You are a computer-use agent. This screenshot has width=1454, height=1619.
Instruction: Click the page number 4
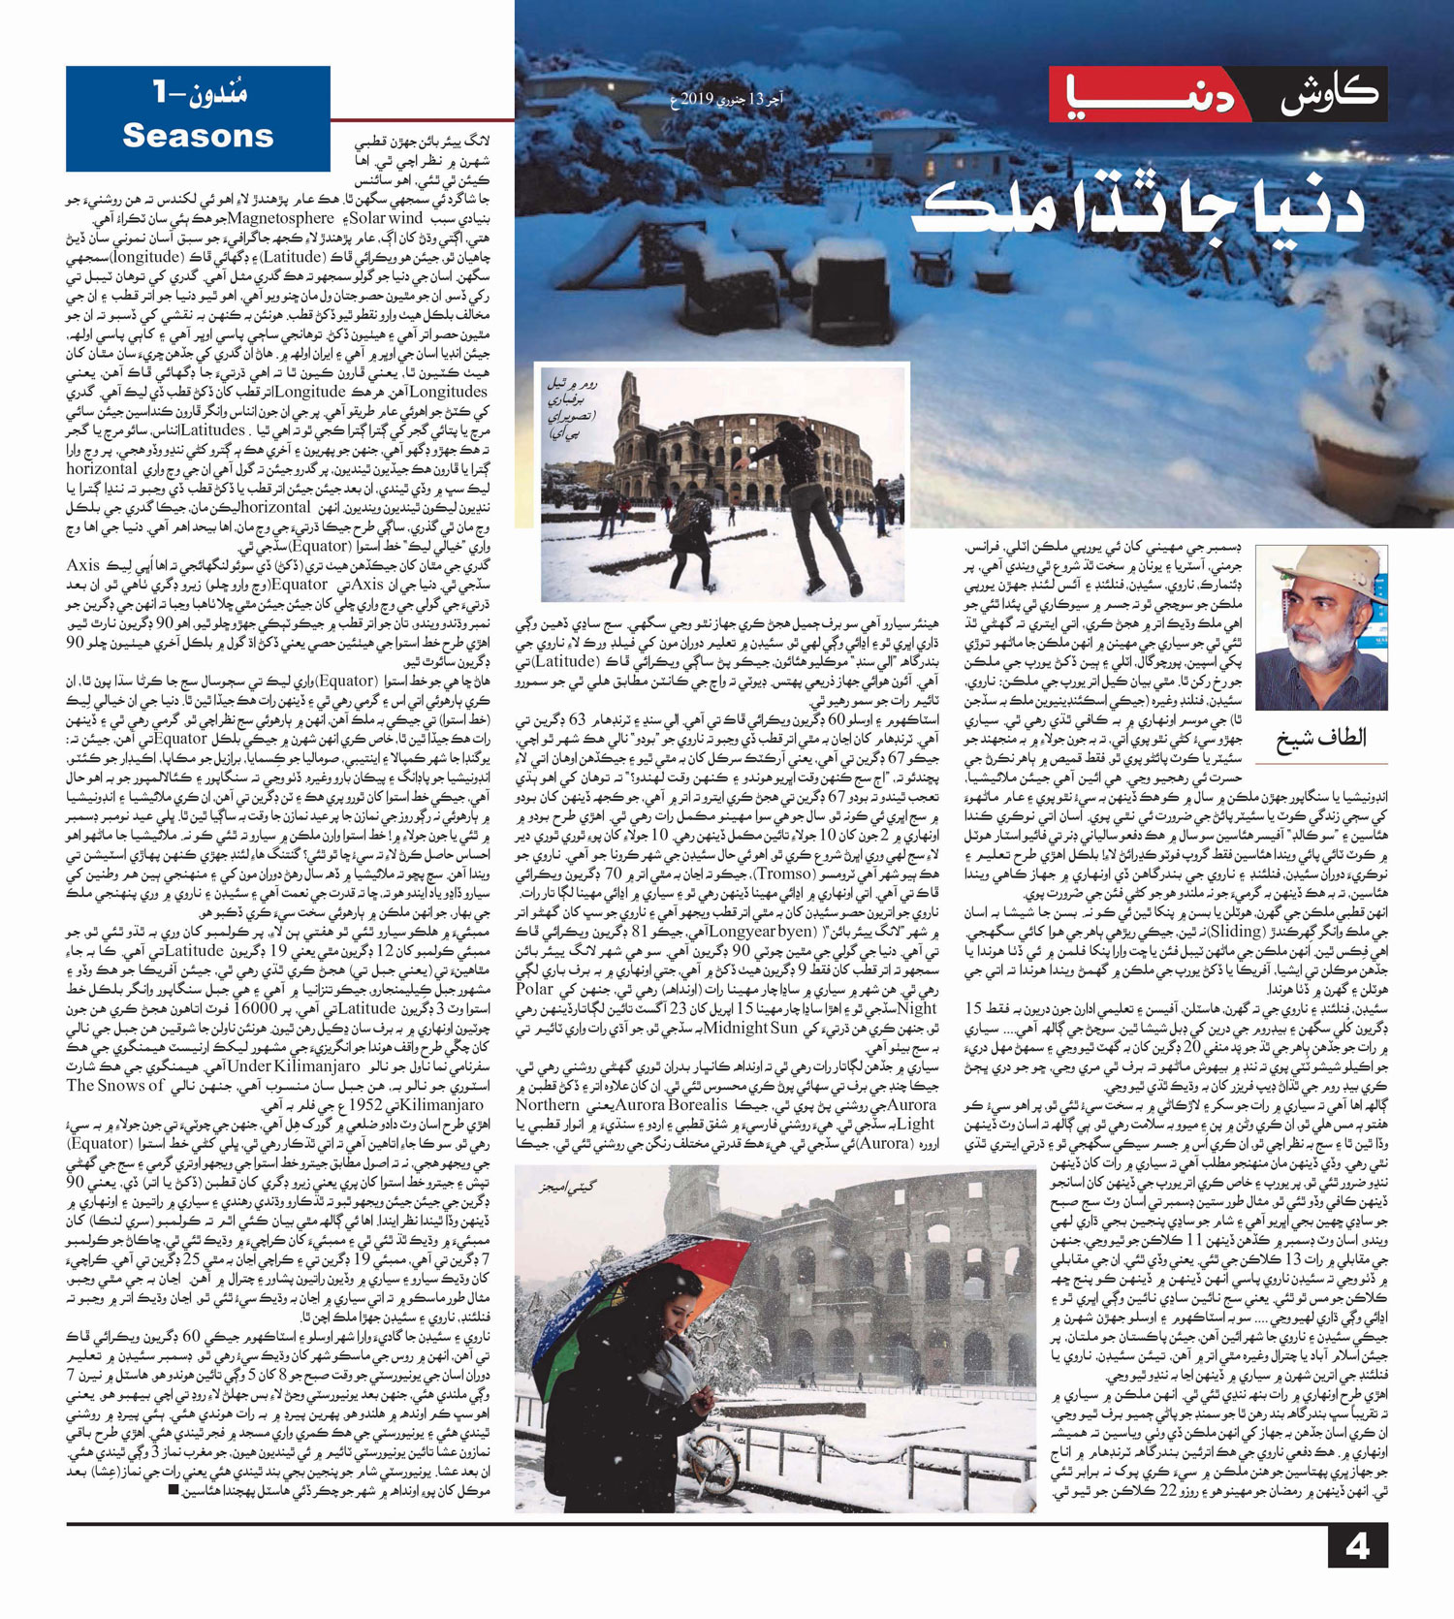click(x=1356, y=1544)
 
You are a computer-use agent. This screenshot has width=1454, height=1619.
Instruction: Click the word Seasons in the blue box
click(x=198, y=136)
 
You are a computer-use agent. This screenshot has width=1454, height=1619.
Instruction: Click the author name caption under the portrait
click(x=1320, y=738)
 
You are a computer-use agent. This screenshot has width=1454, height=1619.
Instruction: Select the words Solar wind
click(x=387, y=219)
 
